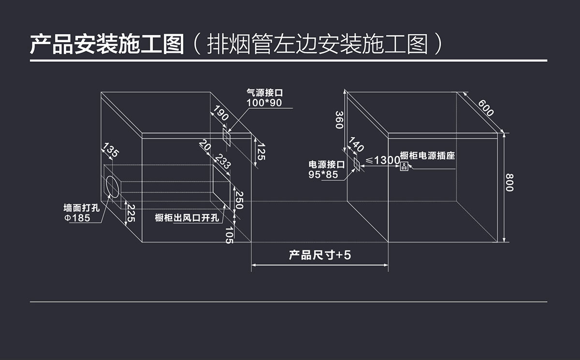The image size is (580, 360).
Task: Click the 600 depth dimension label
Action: pyautogui.click(x=486, y=108)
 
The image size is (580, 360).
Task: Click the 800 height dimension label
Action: pyautogui.click(x=509, y=182)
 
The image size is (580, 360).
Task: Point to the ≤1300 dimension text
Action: pyautogui.click(x=382, y=160)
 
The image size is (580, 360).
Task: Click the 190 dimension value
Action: pyautogui.click(x=220, y=114)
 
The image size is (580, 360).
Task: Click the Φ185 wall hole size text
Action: pyautogui.click(x=78, y=218)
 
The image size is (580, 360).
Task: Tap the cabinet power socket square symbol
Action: pyautogui.click(x=405, y=167)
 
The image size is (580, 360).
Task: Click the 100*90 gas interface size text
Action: pyautogui.click(x=264, y=103)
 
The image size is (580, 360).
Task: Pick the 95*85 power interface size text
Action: pyautogui.click(x=323, y=174)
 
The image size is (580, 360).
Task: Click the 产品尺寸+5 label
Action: pyautogui.click(x=320, y=255)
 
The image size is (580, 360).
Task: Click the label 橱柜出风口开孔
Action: pyautogui.click(x=187, y=218)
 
